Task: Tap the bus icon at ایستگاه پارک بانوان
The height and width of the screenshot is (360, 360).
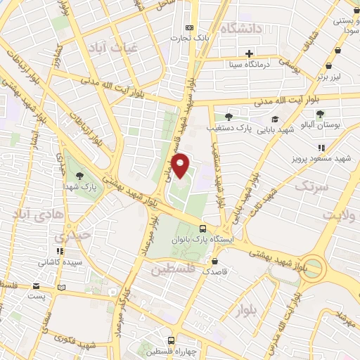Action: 202,229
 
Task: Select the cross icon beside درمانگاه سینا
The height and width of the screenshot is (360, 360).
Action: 249,53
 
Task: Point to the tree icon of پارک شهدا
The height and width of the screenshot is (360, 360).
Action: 78,175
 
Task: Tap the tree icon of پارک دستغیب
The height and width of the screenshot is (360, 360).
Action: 228,117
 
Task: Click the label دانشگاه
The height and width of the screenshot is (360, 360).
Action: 241,29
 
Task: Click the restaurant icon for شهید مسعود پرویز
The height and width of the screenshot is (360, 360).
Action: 321,148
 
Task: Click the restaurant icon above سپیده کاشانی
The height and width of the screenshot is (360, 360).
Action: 60,251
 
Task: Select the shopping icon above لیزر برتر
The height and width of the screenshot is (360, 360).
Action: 338,51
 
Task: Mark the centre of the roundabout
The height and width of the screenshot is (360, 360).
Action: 314,268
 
